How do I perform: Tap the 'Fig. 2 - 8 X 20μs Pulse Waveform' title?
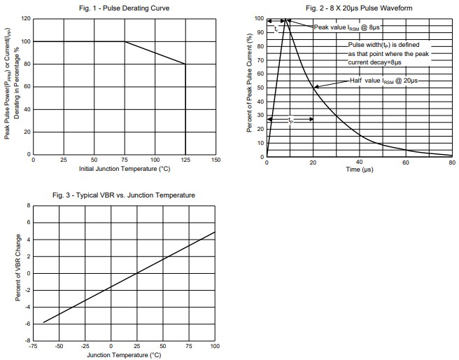[359, 8]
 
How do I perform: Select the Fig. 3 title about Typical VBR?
[124, 195]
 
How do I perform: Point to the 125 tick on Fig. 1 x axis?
[185, 160]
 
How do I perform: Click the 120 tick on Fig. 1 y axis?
[27, 19]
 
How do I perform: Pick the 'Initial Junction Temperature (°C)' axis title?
[125, 169]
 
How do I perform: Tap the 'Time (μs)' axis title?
[359, 170]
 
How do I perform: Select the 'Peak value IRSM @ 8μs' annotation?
[347, 27]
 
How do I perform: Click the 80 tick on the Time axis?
[451, 162]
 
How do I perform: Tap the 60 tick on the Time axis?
[405, 162]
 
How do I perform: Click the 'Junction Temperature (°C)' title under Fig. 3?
[123, 355]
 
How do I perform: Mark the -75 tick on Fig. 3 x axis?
[32, 347]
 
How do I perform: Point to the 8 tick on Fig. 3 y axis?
[27, 205]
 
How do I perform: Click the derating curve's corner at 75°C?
[125, 42]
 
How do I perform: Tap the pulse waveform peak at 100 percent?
[285, 20]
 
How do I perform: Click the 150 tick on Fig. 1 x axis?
[216, 160]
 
